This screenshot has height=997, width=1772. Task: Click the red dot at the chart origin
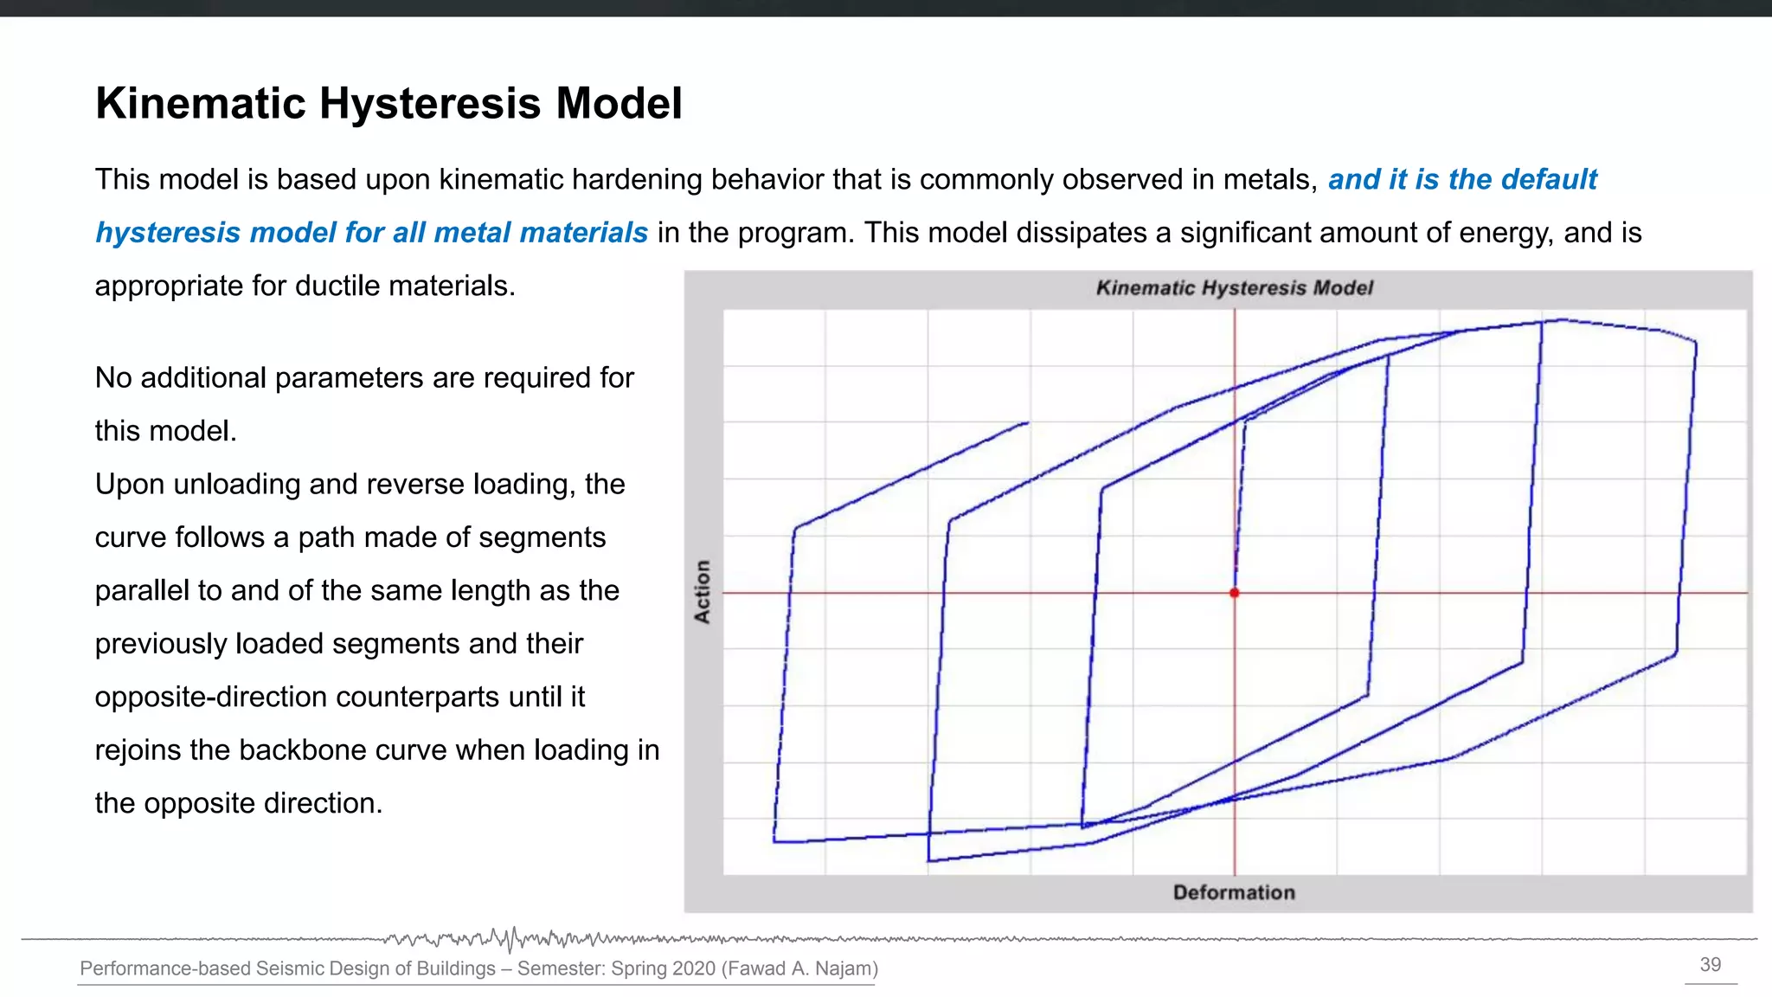coord(1235,593)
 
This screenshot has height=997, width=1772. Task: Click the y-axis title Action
coord(702,591)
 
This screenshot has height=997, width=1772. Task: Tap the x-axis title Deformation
coord(1234,892)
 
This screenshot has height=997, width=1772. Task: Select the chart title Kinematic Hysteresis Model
coord(1234,288)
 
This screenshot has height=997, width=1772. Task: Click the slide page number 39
coord(1711,965)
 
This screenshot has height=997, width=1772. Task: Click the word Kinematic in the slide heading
coord(201,104)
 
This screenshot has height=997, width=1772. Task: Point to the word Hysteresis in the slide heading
coord(430,104)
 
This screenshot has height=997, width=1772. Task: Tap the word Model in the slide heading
coord(619,104)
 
